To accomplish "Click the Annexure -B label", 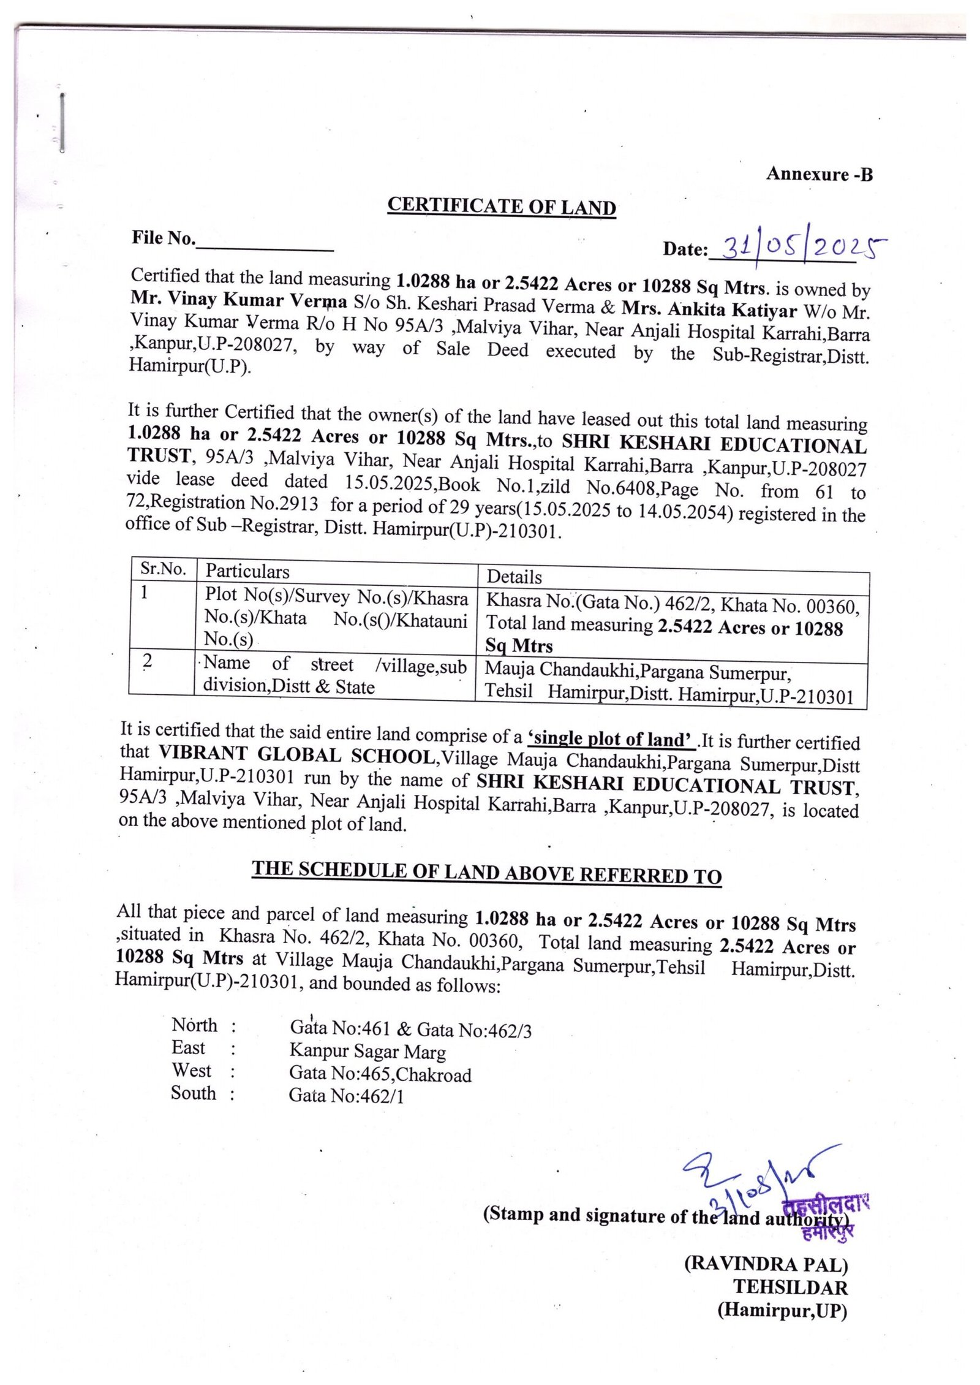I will tap(819, 175).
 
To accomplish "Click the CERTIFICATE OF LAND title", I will tap(501, 207).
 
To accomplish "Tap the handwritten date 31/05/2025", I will tap(803, 247).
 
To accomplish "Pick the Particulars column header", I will tap(247, 571).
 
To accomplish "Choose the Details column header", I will tap(514, 577).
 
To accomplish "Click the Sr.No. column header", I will tap(163, 569).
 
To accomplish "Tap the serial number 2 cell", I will tap(147, 661).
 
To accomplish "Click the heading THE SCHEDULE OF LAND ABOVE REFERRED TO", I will tap(486, 873).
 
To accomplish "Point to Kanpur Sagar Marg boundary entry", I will tap(367, 1052).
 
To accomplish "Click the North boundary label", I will tap(194, 1025).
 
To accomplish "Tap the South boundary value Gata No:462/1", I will tap(346, 1095).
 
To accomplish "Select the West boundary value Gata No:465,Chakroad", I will tap(380, 1074).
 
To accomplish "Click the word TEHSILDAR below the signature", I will tap(790, 1287).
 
